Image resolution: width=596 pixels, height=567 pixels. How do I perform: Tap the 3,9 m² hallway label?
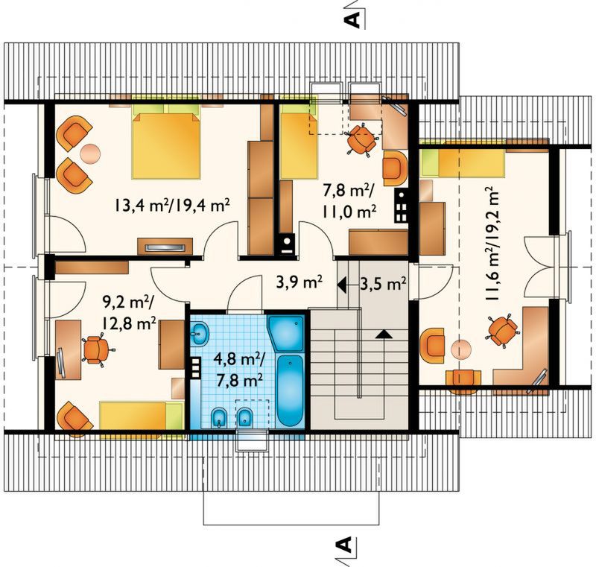pos(299,283)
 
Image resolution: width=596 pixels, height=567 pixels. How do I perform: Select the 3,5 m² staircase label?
pos(383,283)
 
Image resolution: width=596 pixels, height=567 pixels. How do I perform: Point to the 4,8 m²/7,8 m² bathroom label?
pos(238,369)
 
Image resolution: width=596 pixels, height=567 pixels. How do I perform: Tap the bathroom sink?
pos(199,334)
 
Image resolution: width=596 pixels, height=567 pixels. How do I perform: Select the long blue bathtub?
pos(291,390)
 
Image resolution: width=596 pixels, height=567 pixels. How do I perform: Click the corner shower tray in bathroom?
pos(286,333)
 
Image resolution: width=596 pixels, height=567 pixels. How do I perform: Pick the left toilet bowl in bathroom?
pos(218,418)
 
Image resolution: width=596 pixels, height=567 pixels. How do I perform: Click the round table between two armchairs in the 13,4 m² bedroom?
pos(90,153)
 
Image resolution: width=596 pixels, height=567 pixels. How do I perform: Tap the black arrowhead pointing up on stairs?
pos(384,333)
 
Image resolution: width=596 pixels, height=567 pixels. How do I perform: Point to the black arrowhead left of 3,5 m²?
pos(341,284)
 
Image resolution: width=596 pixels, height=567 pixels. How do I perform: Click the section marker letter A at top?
pos(353,19)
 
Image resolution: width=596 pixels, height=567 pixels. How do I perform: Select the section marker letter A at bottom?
pos(344,545)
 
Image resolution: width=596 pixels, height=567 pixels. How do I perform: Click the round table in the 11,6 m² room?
pos(461,349)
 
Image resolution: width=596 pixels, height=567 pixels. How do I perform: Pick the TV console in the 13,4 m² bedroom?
pos(165,247)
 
